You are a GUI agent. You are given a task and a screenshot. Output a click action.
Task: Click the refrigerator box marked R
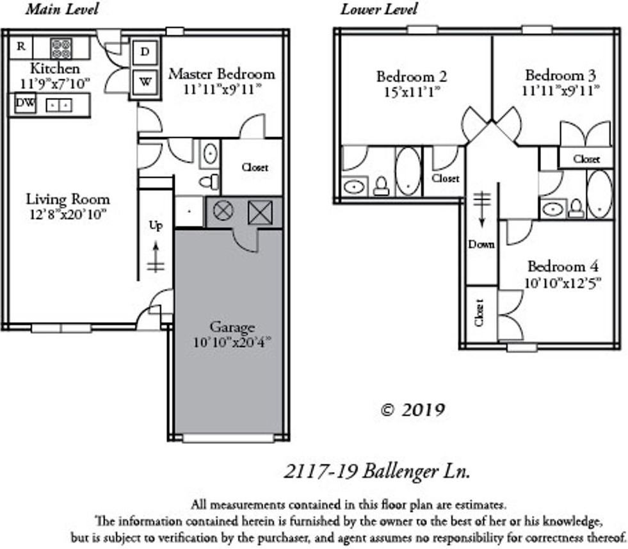coord(21,46)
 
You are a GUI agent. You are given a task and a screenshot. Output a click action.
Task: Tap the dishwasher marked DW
coord(24,103)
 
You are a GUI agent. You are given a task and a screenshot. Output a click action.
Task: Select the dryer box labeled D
coord(145,53)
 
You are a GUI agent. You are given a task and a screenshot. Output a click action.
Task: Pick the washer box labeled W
coord(145,83)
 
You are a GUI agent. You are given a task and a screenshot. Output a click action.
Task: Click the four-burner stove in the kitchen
coord(61,47)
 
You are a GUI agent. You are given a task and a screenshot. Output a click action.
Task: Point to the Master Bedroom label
coord(221,74)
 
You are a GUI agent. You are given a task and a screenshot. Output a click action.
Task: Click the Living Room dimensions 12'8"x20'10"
coord(67,214)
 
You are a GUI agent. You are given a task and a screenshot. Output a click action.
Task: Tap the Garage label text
coord(231,327)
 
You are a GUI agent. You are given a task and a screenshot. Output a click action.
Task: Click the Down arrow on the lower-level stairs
coord(481,211)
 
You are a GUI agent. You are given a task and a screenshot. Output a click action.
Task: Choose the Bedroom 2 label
coord(412,77)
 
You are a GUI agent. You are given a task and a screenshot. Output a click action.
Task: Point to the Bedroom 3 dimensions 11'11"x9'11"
coord(560,90)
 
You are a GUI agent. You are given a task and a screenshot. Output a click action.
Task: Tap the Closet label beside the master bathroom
coord(255,168)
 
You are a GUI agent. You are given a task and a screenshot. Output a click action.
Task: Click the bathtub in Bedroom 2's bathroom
coord(408,170)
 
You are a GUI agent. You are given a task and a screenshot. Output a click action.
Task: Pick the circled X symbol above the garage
coord(223,211)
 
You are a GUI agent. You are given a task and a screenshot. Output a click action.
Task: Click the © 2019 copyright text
coord(412,410)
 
